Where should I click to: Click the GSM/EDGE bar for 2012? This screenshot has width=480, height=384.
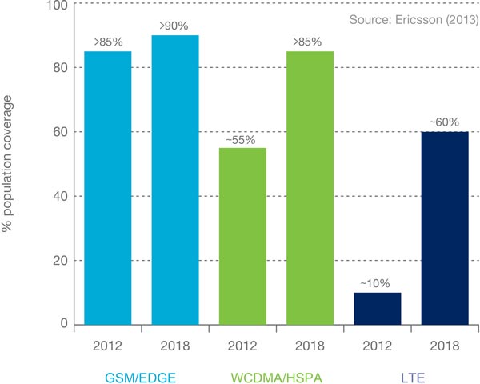tap(109, 188)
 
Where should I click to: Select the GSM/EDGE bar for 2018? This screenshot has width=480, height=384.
tap(176, 180)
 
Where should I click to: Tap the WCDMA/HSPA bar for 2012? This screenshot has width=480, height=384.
tap(243, 236)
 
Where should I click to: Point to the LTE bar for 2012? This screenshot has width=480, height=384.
tap(378, 308)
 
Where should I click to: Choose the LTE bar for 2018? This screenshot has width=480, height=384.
tap(445, 228)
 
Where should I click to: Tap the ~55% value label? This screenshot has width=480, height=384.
tap(243, 139)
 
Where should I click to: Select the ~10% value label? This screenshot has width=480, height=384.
tap(378, 284)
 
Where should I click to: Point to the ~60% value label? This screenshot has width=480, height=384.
tap(445, 123)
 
